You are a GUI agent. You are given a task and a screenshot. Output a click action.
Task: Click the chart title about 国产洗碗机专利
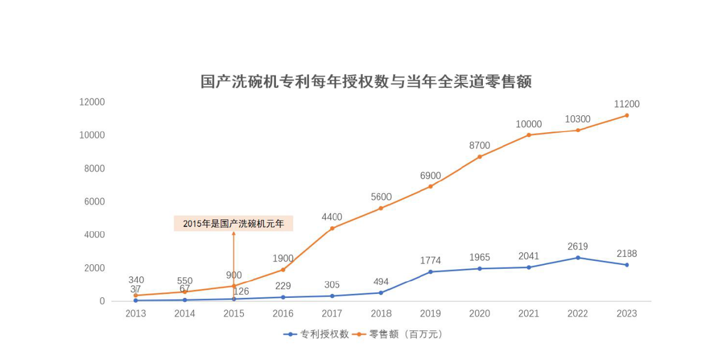366,82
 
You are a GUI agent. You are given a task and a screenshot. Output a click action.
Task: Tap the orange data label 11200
626,104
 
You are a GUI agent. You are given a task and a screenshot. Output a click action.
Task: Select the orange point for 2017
332,228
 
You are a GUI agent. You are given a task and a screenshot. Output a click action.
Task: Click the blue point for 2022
577,258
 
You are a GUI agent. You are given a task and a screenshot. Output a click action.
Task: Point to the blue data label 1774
430,260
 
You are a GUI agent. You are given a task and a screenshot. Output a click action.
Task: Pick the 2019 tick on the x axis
430,314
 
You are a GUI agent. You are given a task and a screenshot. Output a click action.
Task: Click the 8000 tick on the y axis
95,169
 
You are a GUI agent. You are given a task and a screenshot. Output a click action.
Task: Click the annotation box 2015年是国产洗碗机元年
233,224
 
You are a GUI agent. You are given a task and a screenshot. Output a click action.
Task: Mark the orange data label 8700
479,146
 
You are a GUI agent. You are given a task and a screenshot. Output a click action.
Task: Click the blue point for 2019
430,272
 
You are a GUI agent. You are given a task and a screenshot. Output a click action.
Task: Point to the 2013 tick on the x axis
135,314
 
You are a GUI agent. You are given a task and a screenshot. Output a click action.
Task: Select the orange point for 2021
528,135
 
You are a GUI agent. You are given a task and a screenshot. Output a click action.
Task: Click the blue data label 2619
577,246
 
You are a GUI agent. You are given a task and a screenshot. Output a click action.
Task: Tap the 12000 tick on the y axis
92,102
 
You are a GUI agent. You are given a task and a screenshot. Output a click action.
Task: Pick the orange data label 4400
332,217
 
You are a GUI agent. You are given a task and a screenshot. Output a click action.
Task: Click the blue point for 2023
627,265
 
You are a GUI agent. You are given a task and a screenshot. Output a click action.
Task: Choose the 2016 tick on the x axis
283,314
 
